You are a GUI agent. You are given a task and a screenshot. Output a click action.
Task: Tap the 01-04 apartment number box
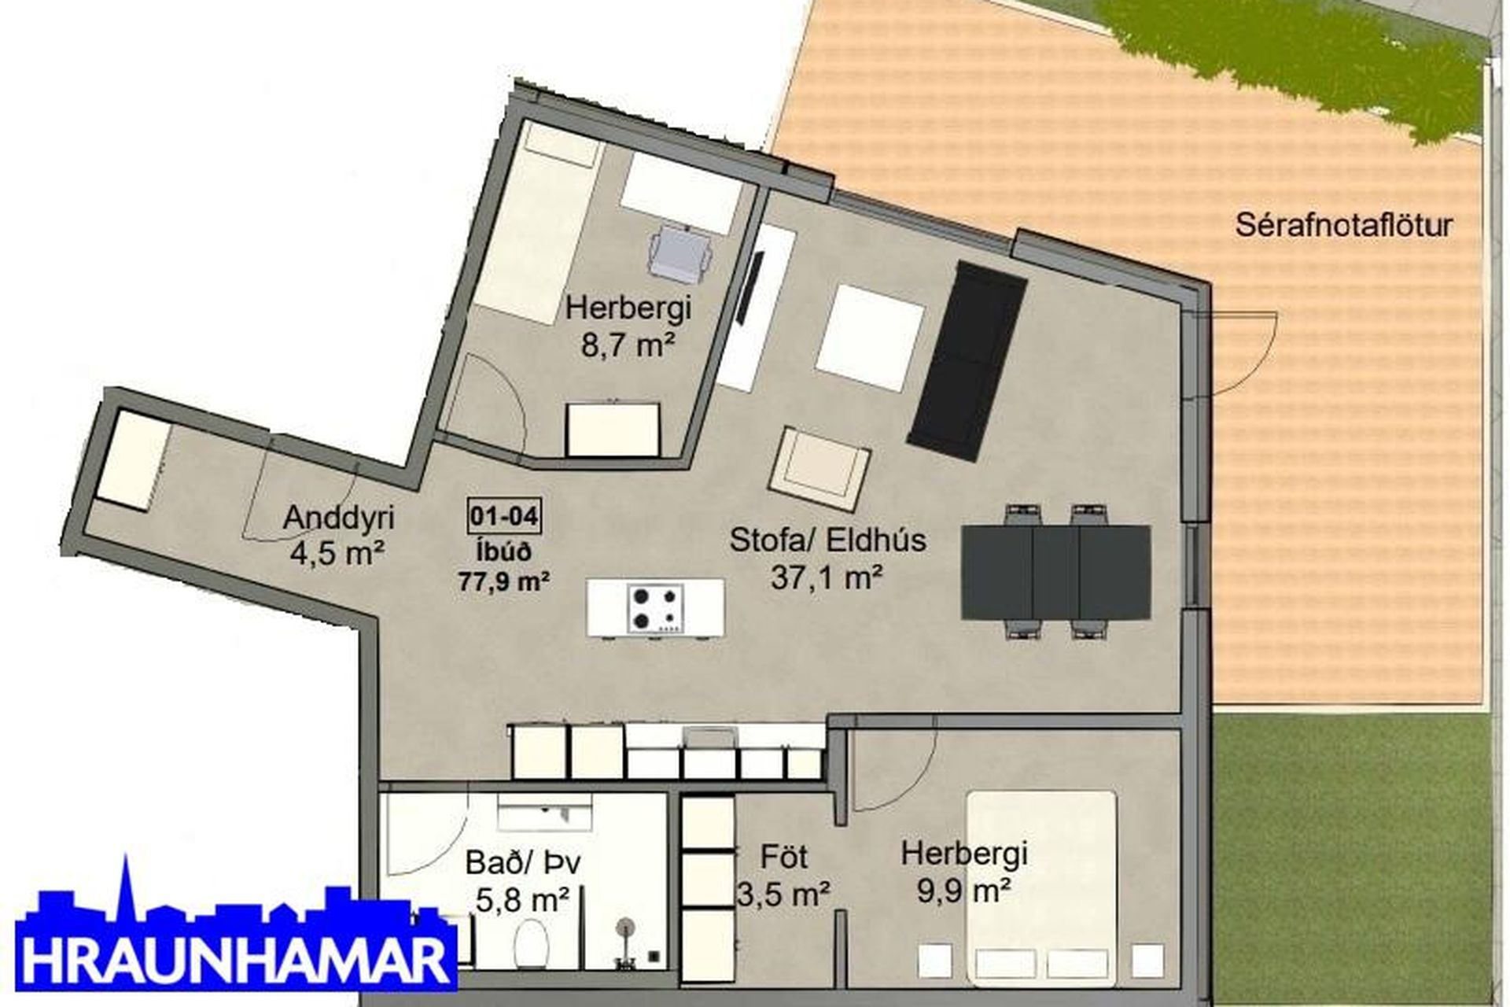504,517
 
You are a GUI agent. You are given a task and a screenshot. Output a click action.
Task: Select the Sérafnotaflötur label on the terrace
1344,226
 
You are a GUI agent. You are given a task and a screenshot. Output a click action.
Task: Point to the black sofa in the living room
967,361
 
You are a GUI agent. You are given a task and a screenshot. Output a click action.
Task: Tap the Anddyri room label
338,518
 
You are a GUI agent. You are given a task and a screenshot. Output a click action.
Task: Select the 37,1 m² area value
827,578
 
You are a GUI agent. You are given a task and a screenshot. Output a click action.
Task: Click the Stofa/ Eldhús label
828,540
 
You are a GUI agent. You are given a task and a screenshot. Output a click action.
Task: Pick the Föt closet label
784,856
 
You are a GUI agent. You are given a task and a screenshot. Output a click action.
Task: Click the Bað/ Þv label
523,862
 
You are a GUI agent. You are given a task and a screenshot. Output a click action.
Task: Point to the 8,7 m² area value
628,345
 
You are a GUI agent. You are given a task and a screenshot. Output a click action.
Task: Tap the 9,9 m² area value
963,891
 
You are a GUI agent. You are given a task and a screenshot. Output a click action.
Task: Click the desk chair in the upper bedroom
681,252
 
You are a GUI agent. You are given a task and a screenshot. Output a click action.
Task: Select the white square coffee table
870,338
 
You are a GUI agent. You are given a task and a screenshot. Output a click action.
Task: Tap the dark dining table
1056,572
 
